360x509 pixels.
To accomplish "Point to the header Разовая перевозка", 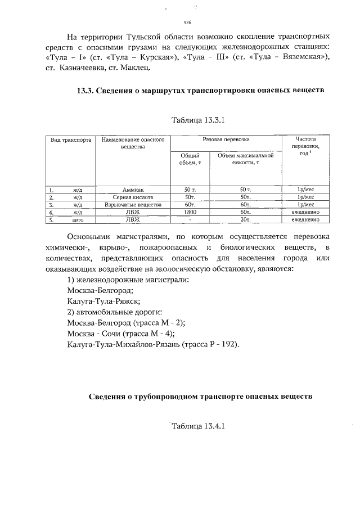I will coord(226,139).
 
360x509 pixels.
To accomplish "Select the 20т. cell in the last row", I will coord(245,220).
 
